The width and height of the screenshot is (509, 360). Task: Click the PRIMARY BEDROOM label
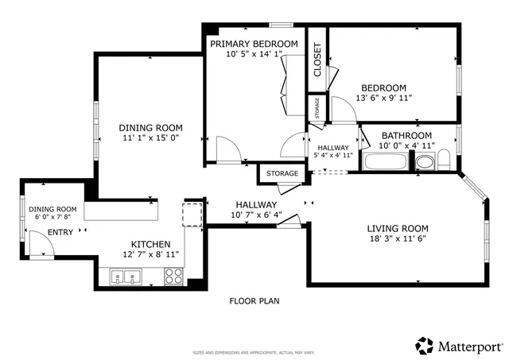(x=254, y=44)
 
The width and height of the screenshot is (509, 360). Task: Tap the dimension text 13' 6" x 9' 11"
(x=384, y=98)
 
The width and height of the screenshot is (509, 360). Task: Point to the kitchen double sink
(x=126, y=277)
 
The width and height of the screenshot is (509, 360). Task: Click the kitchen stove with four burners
(x=173, y=277)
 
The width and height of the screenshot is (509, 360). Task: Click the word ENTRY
(x=60, y=232)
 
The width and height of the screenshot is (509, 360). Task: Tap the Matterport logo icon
(x=424, y=346)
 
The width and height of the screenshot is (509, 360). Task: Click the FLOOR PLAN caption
(x=254, y=301)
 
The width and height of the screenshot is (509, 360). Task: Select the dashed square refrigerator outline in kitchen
(x=193, y=215)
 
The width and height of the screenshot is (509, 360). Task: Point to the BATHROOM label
(x=406, y=135)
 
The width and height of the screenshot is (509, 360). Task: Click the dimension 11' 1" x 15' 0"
(x=151, y=138)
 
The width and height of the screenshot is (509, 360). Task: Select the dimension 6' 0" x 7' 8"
(x=53, y=218)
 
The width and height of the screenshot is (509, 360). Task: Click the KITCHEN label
(x=150, y=244)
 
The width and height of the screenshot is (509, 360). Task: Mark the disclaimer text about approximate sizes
(x=254, y=352)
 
